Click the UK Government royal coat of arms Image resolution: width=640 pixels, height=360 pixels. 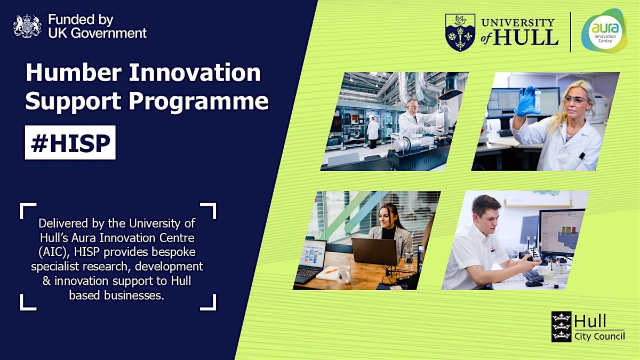[x=27, y=26]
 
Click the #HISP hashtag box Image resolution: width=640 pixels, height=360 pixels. [x=70, y=142]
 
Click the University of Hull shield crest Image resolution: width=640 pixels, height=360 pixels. [x=460, y=33]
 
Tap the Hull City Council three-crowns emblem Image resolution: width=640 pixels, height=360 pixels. [x=561, y=326]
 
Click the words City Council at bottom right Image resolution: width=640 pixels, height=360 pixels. [x=599, y=336]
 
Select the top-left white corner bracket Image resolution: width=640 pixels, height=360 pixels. [x=28, y=210]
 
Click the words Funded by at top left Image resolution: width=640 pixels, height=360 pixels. [x=81, y=20]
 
